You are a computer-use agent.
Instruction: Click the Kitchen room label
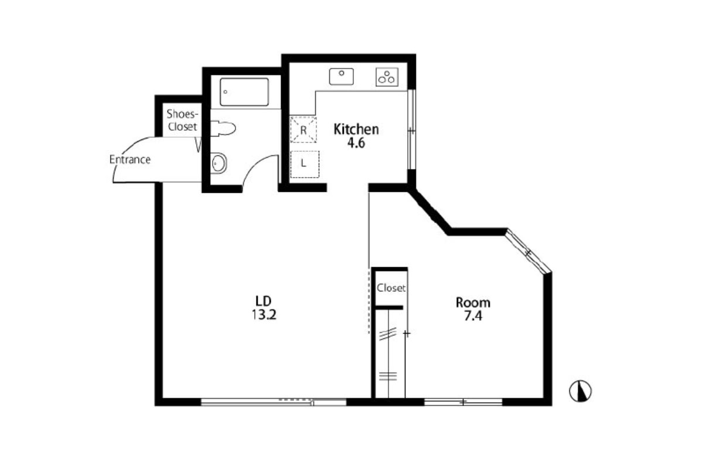tap(356, 130)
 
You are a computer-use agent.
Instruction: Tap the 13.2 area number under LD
tap(264, 314)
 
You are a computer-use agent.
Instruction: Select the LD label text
tap(263, 301)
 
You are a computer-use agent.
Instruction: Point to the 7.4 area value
tap(473, 316)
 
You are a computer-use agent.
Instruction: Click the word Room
tap(473, 303)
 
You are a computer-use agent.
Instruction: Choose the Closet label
tap(391, 288)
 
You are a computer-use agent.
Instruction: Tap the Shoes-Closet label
tap(183, 120)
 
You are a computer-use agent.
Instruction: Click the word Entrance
tap(129, 159)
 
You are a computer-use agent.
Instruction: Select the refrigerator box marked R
tap(303, 130)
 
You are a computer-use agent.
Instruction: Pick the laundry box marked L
tap(305, 164)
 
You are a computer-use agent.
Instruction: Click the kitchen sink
tap(341, 76)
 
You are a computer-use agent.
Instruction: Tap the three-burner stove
tap(387, 77)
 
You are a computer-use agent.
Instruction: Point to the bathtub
tap(244, 91)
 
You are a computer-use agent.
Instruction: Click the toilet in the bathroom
tap(223, 128)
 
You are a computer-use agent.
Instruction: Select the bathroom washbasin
tap(219, 163)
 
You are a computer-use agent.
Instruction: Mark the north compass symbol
tap(581, 391)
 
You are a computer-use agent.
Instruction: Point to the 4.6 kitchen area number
tap(356, 143)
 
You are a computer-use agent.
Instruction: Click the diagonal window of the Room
tap(529, 251)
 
